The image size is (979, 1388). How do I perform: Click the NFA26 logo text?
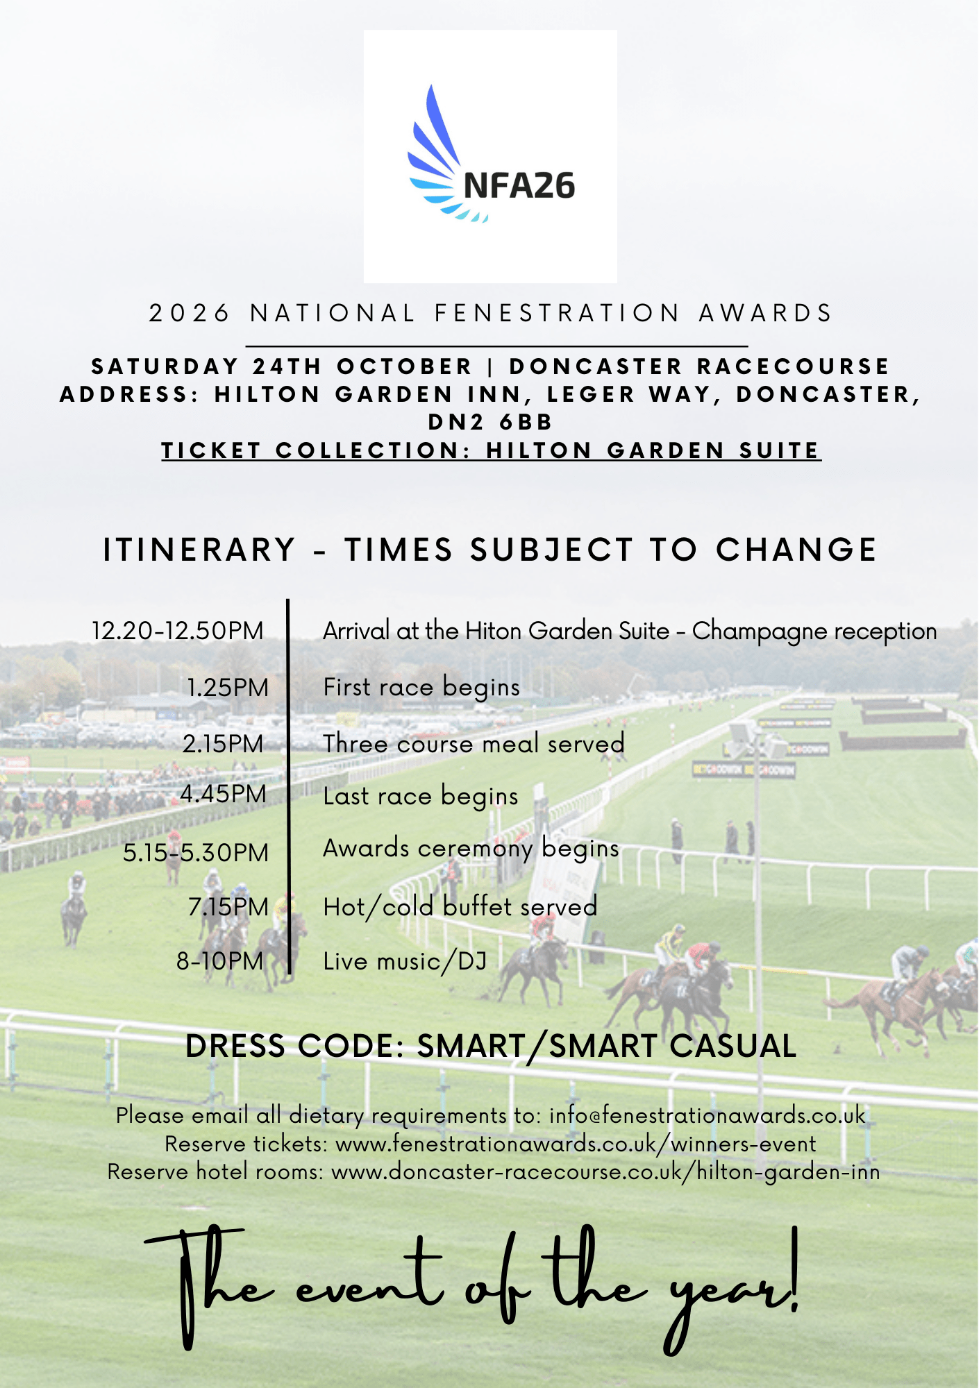coord(519,186)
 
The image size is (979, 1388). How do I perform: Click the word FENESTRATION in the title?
coord(557,314)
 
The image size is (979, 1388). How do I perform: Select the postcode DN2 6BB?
coord(490,422)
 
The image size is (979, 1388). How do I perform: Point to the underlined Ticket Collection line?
coord(491,450)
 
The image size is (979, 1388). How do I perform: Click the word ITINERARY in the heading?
coord(199,550)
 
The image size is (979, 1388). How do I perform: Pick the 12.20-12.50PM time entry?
coord(178,631)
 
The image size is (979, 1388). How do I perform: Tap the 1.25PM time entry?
coord(228,688)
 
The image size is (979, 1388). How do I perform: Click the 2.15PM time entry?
coord(224,744)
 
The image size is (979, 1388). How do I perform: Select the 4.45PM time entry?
coord(224,794)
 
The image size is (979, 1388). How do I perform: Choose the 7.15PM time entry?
coord(228,907)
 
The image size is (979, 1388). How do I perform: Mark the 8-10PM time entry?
coord(220,961)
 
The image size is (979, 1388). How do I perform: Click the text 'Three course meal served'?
coord(474,744)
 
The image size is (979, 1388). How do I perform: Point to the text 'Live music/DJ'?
coord(405,961)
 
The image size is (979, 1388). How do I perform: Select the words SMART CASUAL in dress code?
coord(673,1046)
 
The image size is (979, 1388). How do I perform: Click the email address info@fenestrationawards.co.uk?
coord(707,1115)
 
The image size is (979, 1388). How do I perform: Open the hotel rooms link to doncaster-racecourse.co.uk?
coord(605,1171)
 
